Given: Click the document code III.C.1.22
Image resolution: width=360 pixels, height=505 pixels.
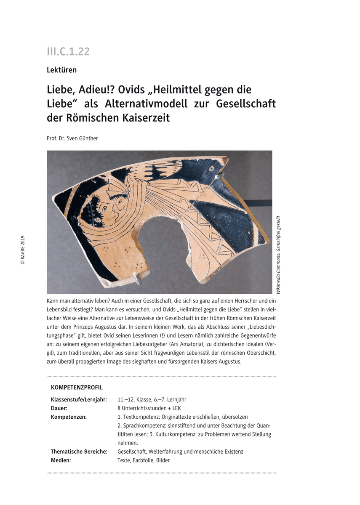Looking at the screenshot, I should coord(68,52).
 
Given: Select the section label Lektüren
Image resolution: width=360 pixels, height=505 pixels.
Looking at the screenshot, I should coord(61,70).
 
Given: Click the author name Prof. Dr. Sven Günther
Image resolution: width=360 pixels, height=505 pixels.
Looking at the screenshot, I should coord(72,138).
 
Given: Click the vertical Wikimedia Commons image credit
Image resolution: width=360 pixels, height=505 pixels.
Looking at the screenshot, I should coord(279,255).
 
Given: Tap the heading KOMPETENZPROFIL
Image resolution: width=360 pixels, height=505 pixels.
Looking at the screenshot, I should coord(77,387).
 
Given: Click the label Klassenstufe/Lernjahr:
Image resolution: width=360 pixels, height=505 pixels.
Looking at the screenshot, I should coord(79,399).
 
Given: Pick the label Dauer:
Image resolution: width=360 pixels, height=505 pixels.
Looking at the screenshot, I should coord(59,408).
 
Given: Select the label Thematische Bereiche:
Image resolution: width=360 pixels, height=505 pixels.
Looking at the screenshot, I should coord(79,452).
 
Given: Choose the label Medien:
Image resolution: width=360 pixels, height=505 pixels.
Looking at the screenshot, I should coord(61,460).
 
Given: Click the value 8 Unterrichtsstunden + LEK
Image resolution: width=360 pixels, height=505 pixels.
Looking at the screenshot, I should coord(149,408).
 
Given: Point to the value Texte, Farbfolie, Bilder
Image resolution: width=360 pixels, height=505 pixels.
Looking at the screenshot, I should coord(144,460).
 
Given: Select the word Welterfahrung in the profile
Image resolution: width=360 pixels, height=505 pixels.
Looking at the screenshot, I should coord(162,452).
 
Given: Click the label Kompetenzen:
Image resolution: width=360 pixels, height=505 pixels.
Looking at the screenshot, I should coord(69,417).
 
